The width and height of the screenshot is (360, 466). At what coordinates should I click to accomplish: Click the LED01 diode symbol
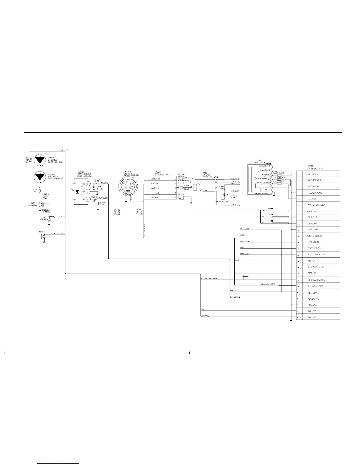tap(40, 160)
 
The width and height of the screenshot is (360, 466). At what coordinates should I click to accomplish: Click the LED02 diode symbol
tap(40, 177)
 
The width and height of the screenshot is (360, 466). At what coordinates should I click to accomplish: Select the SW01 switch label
tap(41, 232)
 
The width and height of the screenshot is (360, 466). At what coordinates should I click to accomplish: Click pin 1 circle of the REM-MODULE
tap(87, 184)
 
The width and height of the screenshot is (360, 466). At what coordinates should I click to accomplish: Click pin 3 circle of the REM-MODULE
tap(87, 199)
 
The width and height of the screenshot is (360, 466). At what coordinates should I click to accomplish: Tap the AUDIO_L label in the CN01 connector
tap(313, 174)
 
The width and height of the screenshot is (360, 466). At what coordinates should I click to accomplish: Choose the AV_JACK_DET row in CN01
tap(316, 205)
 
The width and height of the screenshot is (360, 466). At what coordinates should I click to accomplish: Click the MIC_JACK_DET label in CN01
tap(317, 254)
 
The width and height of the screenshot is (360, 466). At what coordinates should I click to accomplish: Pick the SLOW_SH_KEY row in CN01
tap(316, 280)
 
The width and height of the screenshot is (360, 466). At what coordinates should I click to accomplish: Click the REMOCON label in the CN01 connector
tap(313, 299)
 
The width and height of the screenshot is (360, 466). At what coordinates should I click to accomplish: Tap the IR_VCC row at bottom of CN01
tap(312, 317)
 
